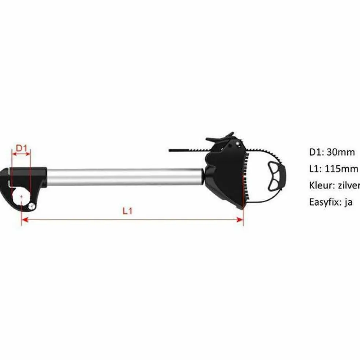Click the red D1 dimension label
point(21,148)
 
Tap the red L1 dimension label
point(127,211)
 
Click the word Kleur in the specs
point(320,185)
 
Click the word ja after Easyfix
point(348,202)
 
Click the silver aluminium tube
point(124,177)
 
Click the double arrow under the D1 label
point(21,154)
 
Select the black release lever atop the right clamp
point(220,138)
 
